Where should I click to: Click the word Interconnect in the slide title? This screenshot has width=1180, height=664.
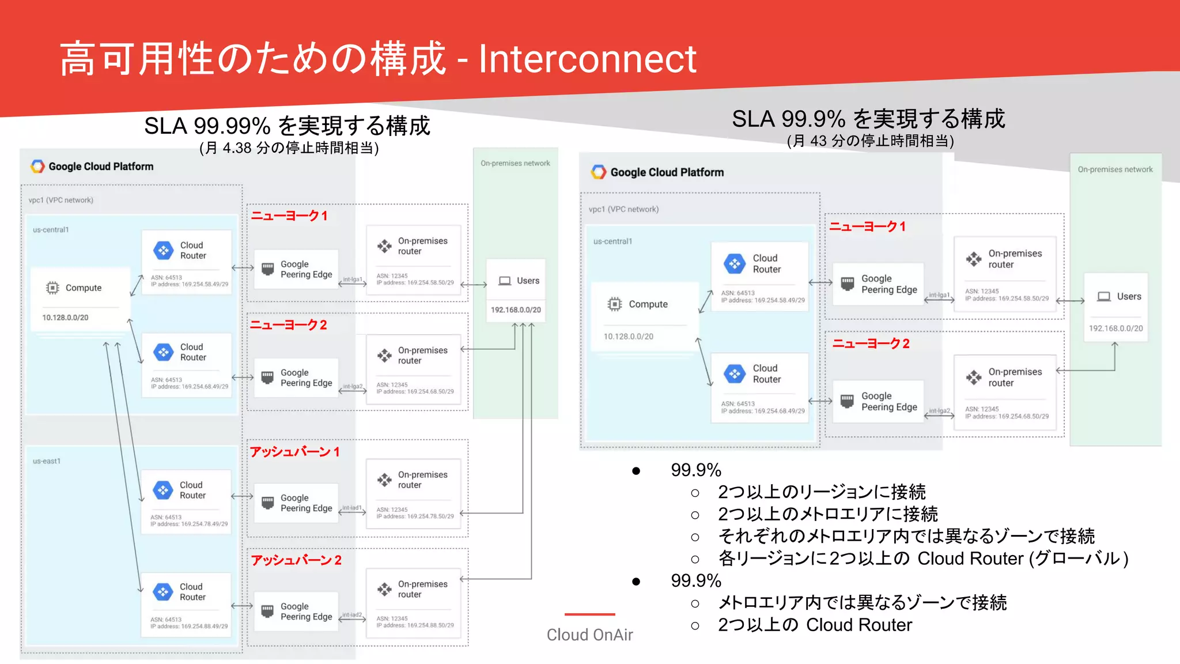click(x=587, y=59)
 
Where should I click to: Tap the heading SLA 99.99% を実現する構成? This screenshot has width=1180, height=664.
click(x=287, y=126)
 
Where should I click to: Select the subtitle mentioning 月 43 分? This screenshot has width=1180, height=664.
click(x=870, y=141)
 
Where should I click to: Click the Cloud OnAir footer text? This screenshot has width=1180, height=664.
click(x=589, y=635)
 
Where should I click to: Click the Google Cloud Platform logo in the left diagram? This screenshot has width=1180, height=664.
click(x=38, y=167)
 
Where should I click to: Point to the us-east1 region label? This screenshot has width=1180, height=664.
click(x=47, y=461)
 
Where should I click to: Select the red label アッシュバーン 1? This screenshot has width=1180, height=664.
click(x=294, y=451)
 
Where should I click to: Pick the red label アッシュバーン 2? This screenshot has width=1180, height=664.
click(x=296, y=560)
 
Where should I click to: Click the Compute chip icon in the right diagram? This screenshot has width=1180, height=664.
click(x=615, y=304)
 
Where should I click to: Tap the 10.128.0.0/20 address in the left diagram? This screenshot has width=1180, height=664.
click(x=65, y=318)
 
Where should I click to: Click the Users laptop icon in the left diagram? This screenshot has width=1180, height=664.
click(x=505, y=281)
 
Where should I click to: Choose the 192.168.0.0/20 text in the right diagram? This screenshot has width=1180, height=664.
click(x=1115, y=329)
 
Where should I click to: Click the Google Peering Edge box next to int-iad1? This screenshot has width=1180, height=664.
click(x=296, y=503)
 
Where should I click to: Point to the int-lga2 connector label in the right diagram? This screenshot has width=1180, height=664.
click(x=939, y=411)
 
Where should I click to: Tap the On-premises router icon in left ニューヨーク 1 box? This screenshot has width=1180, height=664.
click(x=384, y=246)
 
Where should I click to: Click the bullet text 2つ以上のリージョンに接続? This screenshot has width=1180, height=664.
click(x=822, y=492)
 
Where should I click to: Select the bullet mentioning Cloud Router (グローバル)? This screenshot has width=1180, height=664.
click(x=922, y=559)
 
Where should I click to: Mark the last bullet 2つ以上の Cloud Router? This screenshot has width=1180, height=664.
click(x=815, y=625)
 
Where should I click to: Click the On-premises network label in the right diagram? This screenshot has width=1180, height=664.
click(x=1115, y=169)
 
